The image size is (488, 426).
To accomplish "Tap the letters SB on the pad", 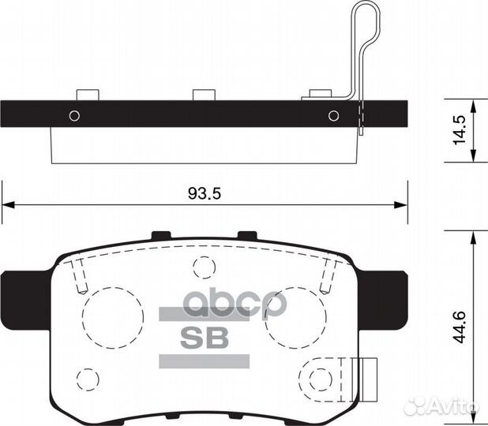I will click(205, 337).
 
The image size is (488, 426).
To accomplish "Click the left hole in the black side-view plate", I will click(74, 115).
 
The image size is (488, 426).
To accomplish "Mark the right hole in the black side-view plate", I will click(333, 115).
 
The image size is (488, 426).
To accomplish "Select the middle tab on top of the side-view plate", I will click(205, 95).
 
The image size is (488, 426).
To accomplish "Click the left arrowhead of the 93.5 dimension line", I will click(6, 205).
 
